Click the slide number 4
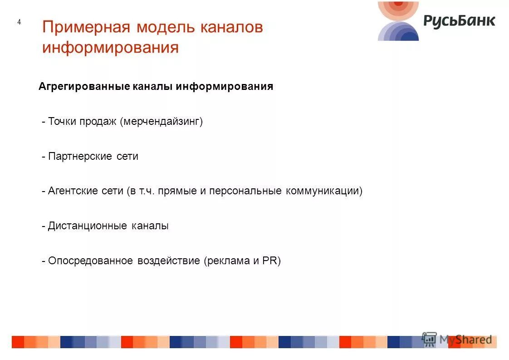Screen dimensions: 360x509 [19, 22]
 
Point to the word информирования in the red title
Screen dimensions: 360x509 [110, 47]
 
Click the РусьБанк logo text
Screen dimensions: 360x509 [459, 21]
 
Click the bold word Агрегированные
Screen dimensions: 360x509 [84, 87]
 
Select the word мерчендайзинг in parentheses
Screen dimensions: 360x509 [161, 122]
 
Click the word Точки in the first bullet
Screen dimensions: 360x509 [62, 122]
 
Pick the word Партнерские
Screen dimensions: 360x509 [80, 157]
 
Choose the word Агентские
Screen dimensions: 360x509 [73, 191]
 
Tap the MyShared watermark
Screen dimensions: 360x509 [458, 339]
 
